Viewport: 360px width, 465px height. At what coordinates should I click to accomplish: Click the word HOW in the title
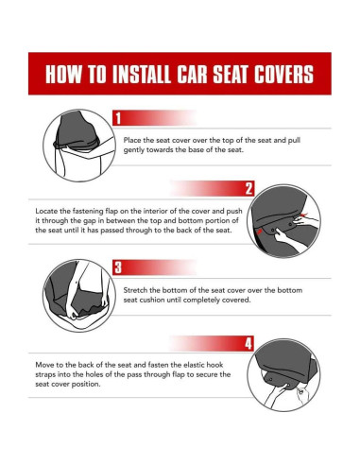pyautogui.click(x=63, y=75)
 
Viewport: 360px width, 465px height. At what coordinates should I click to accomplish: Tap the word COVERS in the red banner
pyautogui.click(x=284, y=75)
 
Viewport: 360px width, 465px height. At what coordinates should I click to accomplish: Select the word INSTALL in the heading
pyautogui.click(x=142, y=75)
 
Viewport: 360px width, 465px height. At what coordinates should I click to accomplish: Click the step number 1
pyautogui.click(x=118, y=118)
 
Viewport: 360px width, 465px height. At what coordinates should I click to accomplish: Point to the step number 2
pyautogui.click(x=249, y=188)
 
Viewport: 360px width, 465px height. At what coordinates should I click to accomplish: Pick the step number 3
pyautogui.click(x=118, y=267)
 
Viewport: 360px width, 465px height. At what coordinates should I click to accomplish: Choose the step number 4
pyautogui.click(x=249, y=343)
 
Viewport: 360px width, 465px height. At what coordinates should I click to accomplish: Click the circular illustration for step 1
pyautogui.click(x=79, y=146)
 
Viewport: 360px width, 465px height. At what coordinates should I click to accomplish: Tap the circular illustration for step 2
pyautogui.click(x=283, y=221)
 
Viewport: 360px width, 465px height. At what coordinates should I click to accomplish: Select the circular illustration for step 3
pyautogui.click(x=79, y=296)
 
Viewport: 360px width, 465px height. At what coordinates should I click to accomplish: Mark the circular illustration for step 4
pyautogui.click(x=283, y=375)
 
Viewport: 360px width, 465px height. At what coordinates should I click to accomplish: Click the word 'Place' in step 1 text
pyautogui.click(x=132, y=140)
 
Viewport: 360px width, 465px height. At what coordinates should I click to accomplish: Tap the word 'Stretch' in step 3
pyautogui.click(x=135, y=290)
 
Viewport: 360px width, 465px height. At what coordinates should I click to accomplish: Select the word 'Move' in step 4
pyautogui.click(x=44, y=365)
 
